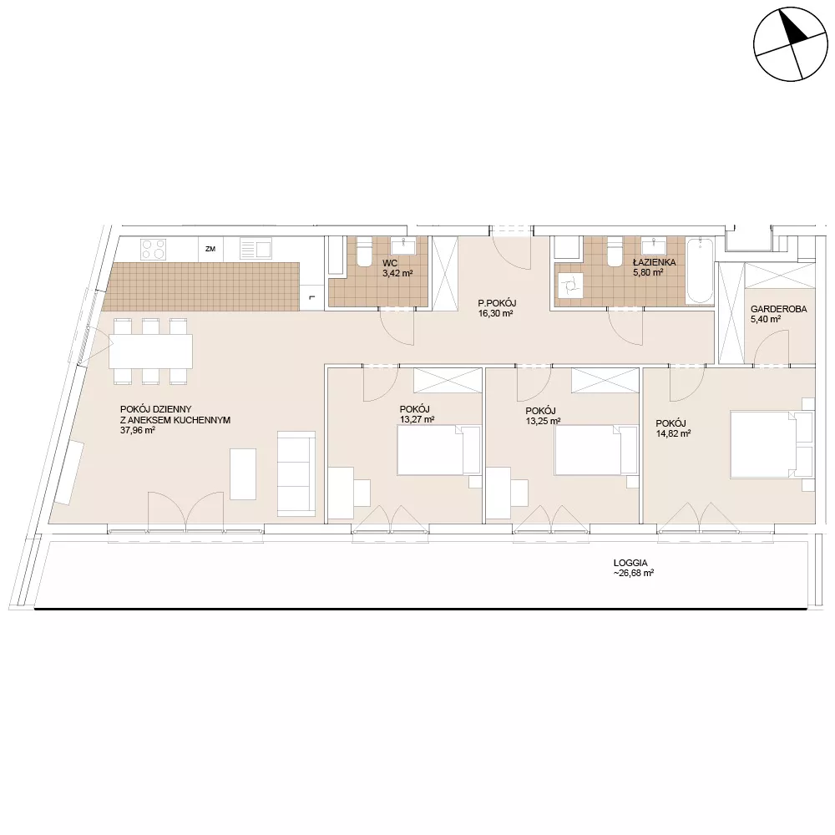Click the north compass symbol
coord(791,44)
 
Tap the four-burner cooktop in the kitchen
coord(153,249)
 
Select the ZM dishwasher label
coord(210,249)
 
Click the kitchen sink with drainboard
coord(256,249)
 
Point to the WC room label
coord(390,263)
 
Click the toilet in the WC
coord(365,253)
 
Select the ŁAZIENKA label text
coord(654,262)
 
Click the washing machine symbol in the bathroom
coord(569,286)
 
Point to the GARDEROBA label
coord(778,309)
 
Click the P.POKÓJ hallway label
coord(497,304)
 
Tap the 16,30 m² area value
coord(495,314)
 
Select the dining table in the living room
coord(150,351)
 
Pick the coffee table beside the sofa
coord(243,474)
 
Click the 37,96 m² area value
coord(138,430)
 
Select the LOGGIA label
coord(630,563)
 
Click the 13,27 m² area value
coord(417,419)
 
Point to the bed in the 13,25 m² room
coord(596,449)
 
